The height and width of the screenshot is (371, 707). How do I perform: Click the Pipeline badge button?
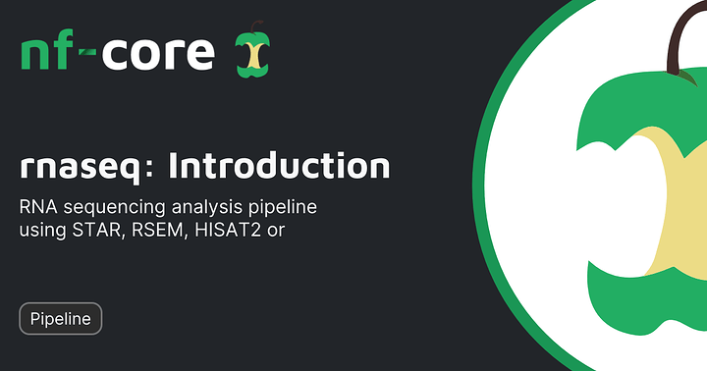click(x=61, y=319)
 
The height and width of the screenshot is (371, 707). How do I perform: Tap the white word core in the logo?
click(x=158, y=54)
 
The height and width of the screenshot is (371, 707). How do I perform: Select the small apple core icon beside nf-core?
click(x=253, y=49)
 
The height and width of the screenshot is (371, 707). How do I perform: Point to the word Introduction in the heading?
click(x=279, y=165)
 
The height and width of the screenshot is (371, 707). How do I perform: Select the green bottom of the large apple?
click(x=649, y=302)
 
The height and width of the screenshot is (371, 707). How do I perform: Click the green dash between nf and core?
click(x=88, y=52)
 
